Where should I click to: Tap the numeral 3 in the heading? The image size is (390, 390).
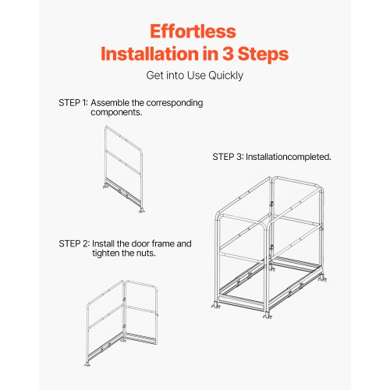click(232, 55)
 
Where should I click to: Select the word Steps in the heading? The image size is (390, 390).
click(266, 55)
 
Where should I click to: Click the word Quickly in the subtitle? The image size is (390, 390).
click(225, 76)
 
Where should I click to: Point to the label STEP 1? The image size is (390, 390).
click(73, 103)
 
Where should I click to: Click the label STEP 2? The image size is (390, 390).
click(73, 243)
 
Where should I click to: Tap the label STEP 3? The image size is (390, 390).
click(228, 157)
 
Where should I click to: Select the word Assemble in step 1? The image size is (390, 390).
click(113, 103)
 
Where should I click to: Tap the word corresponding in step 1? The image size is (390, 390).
click(175, 103)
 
